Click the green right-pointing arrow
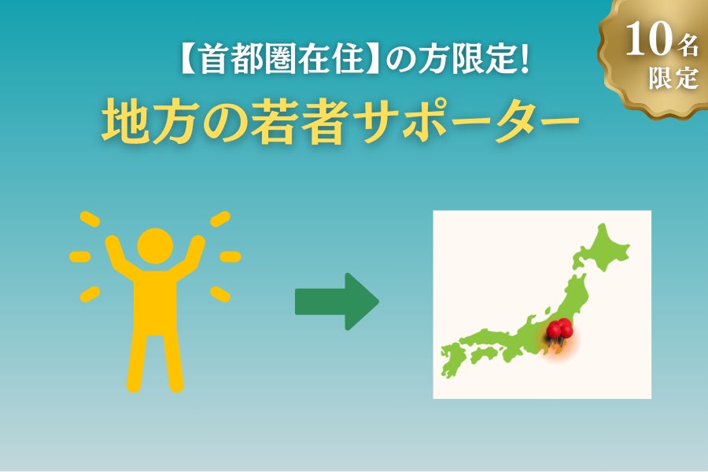pos(336,302)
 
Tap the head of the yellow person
pos(155,245)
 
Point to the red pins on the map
pos(559,331)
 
